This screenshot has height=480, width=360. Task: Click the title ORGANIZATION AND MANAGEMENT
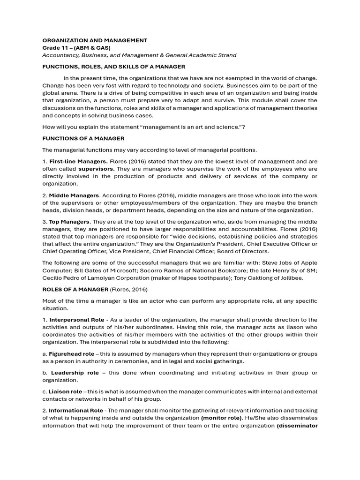[x=95, y=40]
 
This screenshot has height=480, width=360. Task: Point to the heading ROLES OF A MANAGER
[x=75, y=289]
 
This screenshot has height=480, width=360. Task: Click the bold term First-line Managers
[x=78, y=162]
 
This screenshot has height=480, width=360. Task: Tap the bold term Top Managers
[x=69, y=222]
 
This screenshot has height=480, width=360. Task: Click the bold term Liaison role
[x=65, y=391]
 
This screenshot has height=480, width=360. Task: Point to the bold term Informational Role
[x=76, y=411]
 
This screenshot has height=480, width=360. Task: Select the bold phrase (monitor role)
[x=221, y=418]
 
